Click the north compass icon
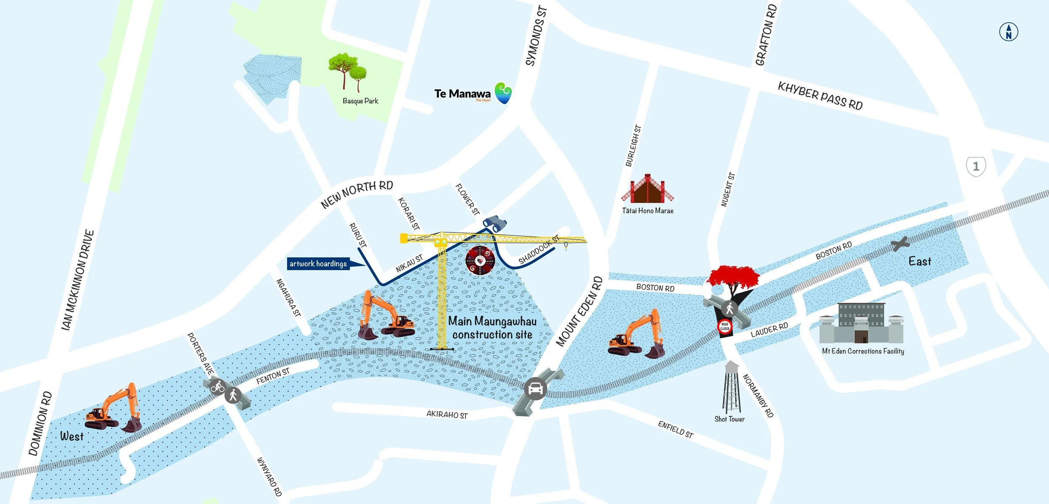coord(1008,32)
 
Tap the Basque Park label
coord(360,101)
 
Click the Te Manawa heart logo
coord(503,93)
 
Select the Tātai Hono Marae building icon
coord(647,190)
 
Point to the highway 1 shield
coord(976,167)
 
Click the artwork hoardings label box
coord(318,264)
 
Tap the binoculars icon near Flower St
coord(495,223)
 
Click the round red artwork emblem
coord(480,261)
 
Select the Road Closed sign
coord(725,326)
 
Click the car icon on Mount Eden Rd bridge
coord(535,389)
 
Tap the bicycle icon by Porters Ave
coord(217,386)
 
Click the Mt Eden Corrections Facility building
coord(861,324)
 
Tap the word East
coord(919,261)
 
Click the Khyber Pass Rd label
coord(820,96)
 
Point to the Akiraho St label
coord(447,415)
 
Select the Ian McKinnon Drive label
coord(78,280)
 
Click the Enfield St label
coord(676,430)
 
